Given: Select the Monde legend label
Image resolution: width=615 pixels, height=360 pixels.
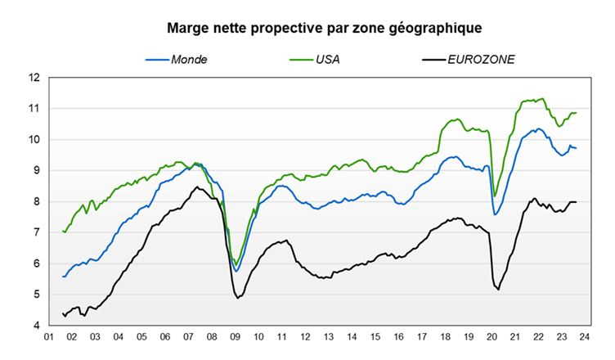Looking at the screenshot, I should click(x=188, y=60).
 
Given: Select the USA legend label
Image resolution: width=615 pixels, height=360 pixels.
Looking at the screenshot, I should click(x=329, y=60).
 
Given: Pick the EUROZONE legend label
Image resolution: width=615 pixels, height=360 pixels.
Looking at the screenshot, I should click(x=481, y=60).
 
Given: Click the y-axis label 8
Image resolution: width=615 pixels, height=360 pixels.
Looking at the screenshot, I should click(x=37, y=201).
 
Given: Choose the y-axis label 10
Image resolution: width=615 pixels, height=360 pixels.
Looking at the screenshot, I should click(x=34, y=139).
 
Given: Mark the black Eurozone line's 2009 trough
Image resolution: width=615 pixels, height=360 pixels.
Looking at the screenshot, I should click(x=237, y=298).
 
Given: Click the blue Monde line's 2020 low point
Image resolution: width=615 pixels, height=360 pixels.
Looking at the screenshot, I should click(x=496, y=214).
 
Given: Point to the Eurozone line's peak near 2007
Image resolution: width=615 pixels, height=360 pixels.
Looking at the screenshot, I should click(x=196, y=187).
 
